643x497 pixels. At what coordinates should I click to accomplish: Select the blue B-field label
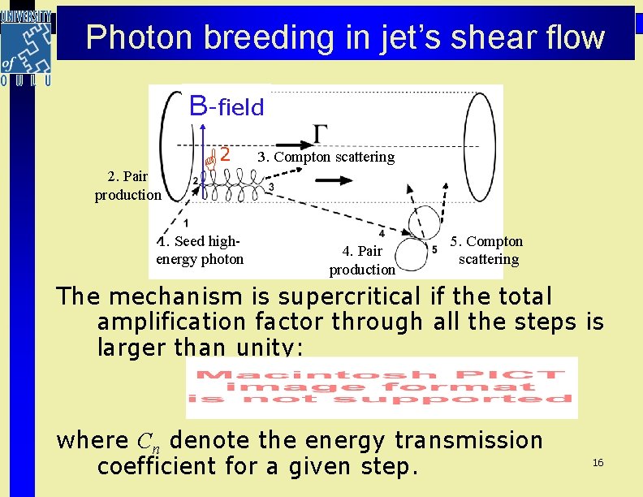(227, 106)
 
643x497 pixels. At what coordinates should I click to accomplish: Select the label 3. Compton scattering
(326, 157)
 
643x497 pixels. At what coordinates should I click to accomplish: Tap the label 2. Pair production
(128, 185)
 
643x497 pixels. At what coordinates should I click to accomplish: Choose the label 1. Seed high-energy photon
(200, 250)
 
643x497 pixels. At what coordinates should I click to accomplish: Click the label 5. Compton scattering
(488, 250)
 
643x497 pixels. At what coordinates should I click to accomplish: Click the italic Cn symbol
(147, 442)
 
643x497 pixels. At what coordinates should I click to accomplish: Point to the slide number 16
(598, 462)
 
